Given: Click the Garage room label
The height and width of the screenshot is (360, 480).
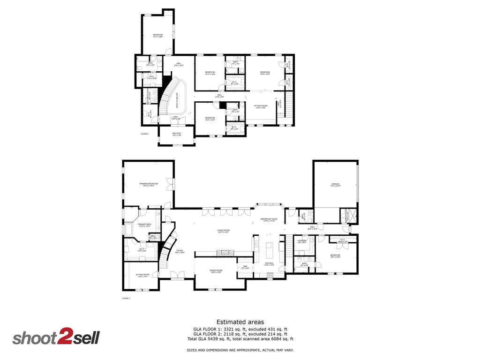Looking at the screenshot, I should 335,185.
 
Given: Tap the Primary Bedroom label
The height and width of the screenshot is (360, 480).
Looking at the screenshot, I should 148,184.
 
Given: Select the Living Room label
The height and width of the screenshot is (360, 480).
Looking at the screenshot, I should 223,231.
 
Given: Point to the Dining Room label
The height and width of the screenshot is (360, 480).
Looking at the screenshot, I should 216,271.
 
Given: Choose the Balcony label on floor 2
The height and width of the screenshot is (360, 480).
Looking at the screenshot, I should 177,135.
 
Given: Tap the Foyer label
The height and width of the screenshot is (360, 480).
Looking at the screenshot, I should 180,251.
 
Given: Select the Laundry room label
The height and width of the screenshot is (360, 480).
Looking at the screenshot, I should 302,241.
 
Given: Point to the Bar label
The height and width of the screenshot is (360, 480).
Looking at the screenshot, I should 245,268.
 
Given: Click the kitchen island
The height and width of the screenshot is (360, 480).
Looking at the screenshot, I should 270,251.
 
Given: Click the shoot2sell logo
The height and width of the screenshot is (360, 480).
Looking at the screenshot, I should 56,337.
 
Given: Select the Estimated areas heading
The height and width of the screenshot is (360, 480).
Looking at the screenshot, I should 240,322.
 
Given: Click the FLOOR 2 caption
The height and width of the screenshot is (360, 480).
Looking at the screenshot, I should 145,134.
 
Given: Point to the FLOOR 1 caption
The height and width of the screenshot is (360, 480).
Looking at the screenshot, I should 126,298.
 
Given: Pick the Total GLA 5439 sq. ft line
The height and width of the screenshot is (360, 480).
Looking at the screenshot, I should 240,339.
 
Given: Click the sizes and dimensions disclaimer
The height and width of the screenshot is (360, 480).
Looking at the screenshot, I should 240,350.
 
